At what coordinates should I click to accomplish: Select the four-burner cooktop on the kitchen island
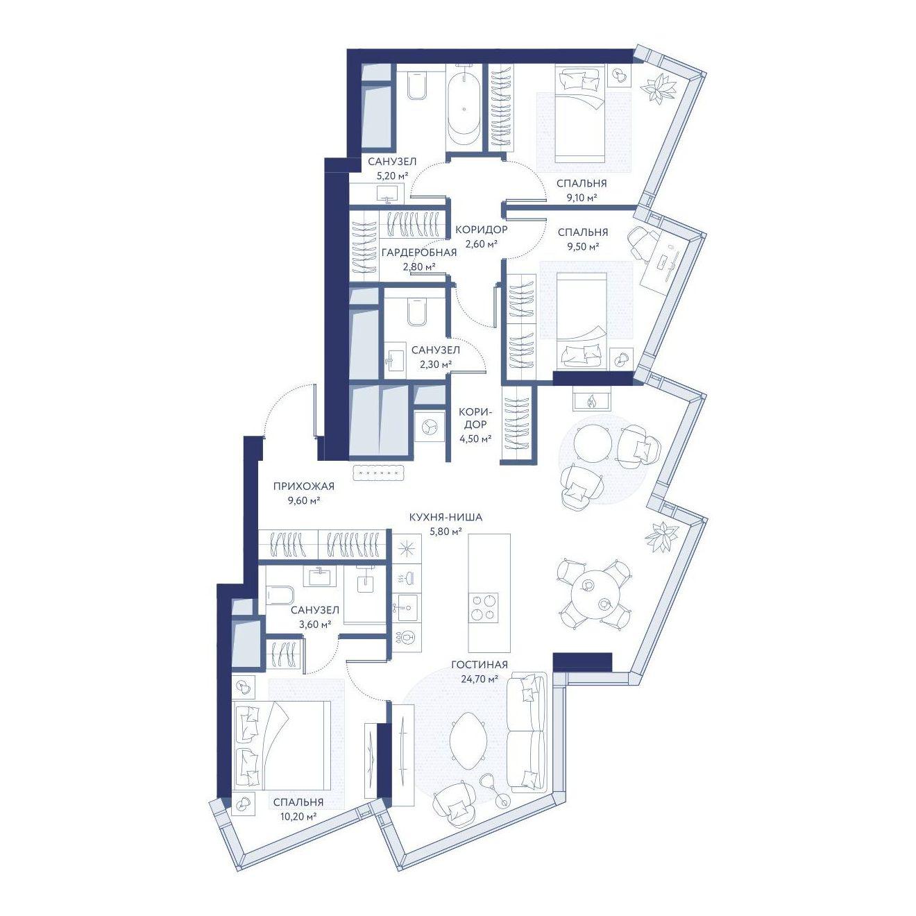coord(484,607)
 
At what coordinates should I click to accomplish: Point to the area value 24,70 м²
coord(479,679)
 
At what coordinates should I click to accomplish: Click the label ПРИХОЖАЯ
coord(304,486)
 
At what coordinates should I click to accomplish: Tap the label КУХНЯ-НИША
coord(446,517)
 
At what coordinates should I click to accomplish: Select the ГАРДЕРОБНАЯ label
coord(418,253)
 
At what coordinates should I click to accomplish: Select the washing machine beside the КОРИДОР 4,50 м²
coord(430,427)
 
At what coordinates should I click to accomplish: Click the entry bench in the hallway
coord(380,473)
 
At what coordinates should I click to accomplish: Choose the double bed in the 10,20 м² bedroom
coord(282,747)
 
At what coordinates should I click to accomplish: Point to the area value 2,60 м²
coord(481,244)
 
